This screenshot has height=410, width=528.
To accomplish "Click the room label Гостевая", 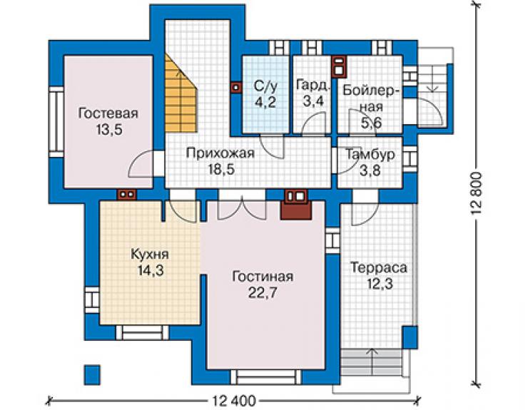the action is click(x=108, y=113).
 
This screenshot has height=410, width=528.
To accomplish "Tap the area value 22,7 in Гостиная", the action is click(x=263, y=293).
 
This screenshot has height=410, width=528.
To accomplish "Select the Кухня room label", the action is click(x=150, y=255).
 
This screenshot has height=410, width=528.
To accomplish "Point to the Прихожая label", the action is click(x=220, y=153).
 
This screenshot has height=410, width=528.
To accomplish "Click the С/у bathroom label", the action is click(x=265, y=86).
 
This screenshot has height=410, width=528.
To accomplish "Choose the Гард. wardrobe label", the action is click(x=313, y=85).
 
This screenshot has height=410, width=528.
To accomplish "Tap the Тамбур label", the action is click(x=370, y=155).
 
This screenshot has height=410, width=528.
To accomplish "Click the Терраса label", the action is click(x=379, y=268).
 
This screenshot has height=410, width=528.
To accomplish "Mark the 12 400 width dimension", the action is click(x=234, y=401).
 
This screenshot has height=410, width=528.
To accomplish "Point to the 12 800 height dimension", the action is click(x=477, y=195).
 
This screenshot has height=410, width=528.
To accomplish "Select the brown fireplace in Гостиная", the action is click(x=295, y=205).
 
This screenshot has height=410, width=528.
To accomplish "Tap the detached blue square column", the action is click(x=91, y=375).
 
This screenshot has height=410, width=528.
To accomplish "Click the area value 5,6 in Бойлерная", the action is click(x=372, y=123).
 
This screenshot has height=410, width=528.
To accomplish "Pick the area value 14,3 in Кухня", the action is click(x=151, y=271).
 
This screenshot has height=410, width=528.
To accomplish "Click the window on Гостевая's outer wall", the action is click(x=56, y=122).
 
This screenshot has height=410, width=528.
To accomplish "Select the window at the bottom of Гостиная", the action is click(x=265, y=377).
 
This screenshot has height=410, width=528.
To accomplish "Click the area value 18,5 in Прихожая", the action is click(x=221, y=170).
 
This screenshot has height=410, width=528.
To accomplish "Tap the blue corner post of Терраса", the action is click(x=410, y=337).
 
